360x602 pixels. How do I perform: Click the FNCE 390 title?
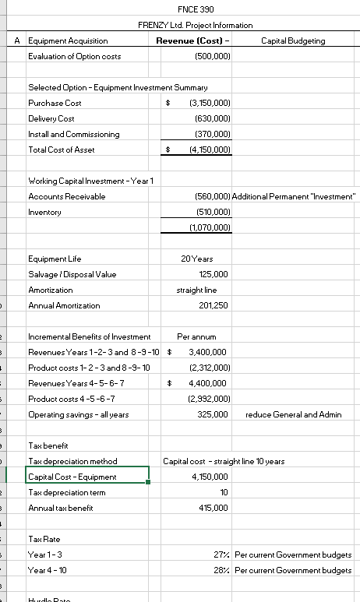[x=196, y=9]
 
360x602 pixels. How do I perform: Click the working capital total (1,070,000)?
[x=210, y=227]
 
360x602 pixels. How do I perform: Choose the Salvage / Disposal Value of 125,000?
[x=214, y=274]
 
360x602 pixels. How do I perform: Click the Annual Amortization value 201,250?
[x=214, y=305]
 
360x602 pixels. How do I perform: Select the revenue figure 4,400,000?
[x=208, y=383]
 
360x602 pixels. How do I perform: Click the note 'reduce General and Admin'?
[x=293, y=414]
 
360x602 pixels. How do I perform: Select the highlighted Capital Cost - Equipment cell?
[x=86, y=477]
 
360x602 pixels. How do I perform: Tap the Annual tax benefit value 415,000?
[x=214, y=507]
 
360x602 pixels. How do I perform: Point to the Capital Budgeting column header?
[x=293, y=40]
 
